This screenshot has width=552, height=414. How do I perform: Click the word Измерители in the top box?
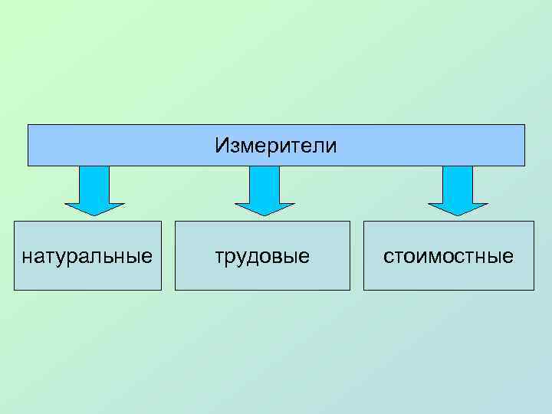click(276, 145)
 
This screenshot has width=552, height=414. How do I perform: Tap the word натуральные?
click(87, 255)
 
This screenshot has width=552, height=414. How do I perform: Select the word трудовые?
click(262, 255)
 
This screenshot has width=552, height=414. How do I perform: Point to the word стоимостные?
click(449, 255)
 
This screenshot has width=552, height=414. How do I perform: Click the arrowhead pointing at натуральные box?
click(94, 208)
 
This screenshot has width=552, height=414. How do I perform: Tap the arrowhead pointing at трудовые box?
click(264, 208)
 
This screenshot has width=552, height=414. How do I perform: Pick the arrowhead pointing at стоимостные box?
click(458, 208)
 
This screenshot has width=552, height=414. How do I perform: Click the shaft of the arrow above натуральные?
click(94, 184)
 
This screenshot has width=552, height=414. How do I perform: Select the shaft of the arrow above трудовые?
click(264, 184)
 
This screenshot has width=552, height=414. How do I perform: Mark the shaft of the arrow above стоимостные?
click(458, 184)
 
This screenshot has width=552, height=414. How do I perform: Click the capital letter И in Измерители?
click(221, 145)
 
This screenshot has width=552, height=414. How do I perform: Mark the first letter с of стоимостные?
click(388, 256)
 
